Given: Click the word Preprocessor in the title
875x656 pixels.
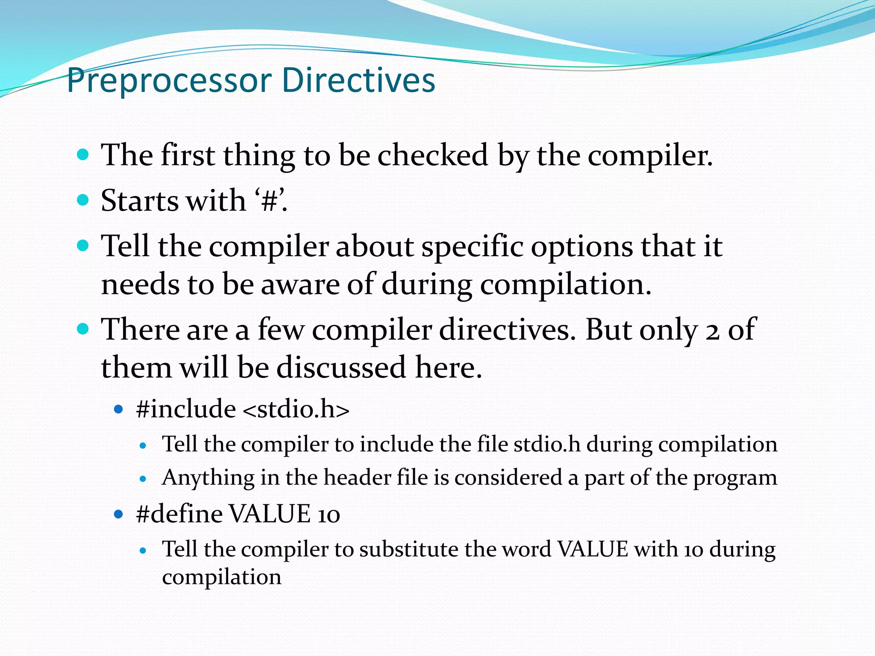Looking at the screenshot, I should tap(169, 81).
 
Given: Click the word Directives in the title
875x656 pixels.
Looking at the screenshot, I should tap(358, 80).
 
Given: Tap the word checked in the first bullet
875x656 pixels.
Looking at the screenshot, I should tap(432, 155).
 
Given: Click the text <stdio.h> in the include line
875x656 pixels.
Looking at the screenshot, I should tap(296, 409).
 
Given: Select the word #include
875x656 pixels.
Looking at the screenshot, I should tap(186, 409).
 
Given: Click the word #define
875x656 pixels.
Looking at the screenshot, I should tap(179, 514).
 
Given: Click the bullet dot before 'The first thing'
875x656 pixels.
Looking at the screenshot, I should tap(83, 154).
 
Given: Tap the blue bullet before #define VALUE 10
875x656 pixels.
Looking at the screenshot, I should tap(119, 514).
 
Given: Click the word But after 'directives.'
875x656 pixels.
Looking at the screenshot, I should tap(608, 330).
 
